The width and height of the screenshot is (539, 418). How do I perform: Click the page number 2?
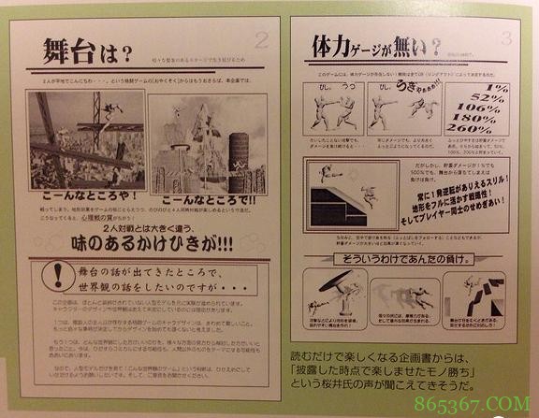point(261,39)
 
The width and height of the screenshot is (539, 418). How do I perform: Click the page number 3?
point(505,38)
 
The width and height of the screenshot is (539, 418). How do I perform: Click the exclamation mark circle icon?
point(55,271)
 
